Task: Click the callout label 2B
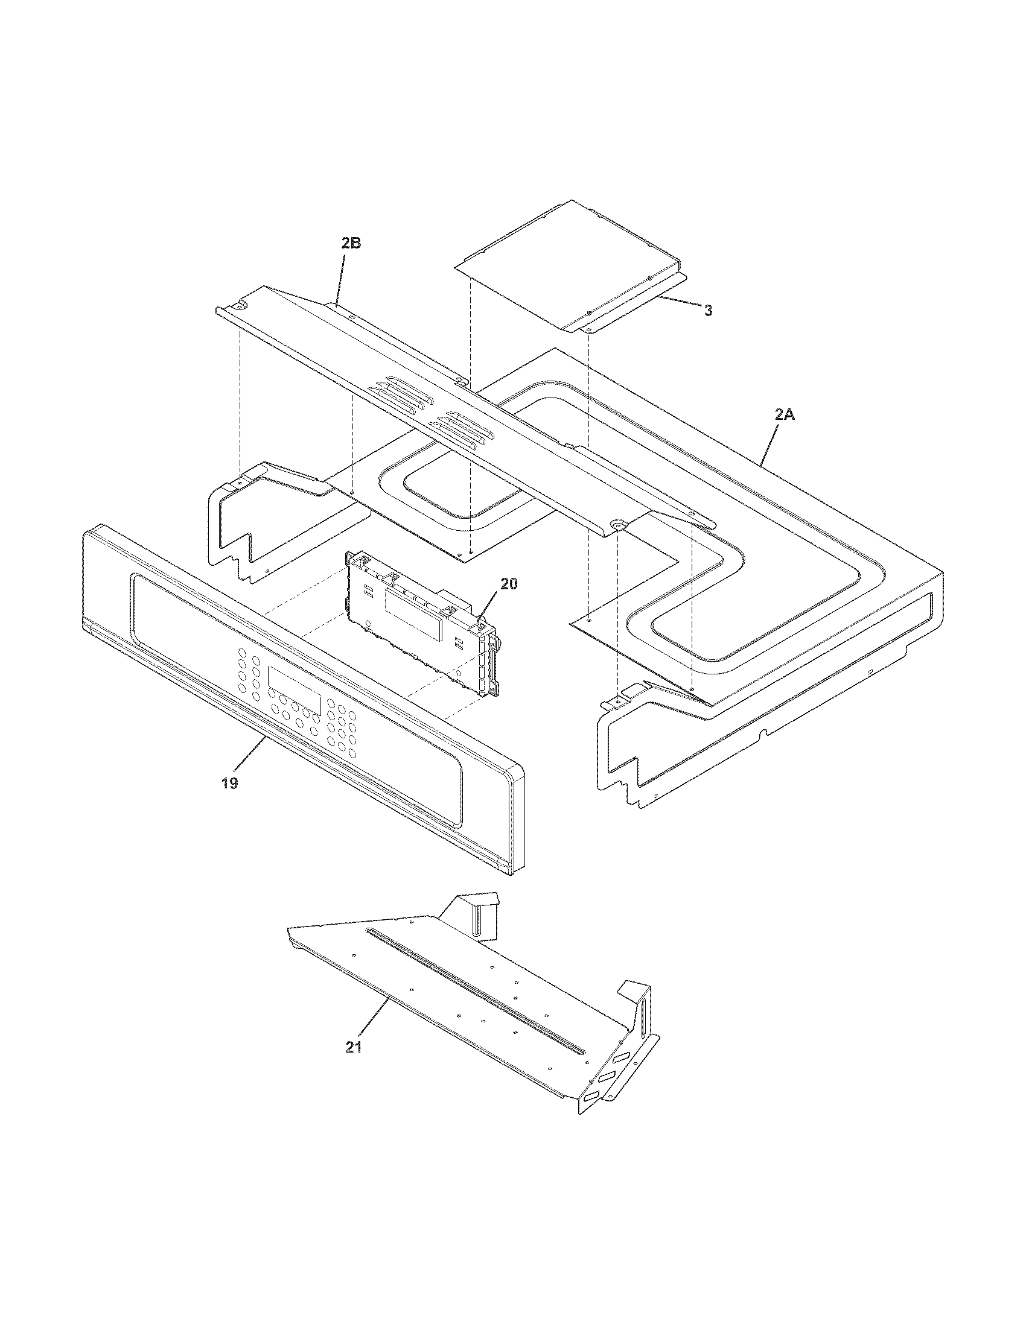[x=351, y=243]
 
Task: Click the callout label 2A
[x=784, y=415]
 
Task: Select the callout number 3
[x=708, y=311]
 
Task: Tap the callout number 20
[x=509, y=583]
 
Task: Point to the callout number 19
[x=229, y=783]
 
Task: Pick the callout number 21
[x=354, y=1047]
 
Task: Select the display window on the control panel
[x=294, y=691]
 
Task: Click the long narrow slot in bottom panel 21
[x=474, y=990]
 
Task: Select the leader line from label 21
[x=372, y=1021]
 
